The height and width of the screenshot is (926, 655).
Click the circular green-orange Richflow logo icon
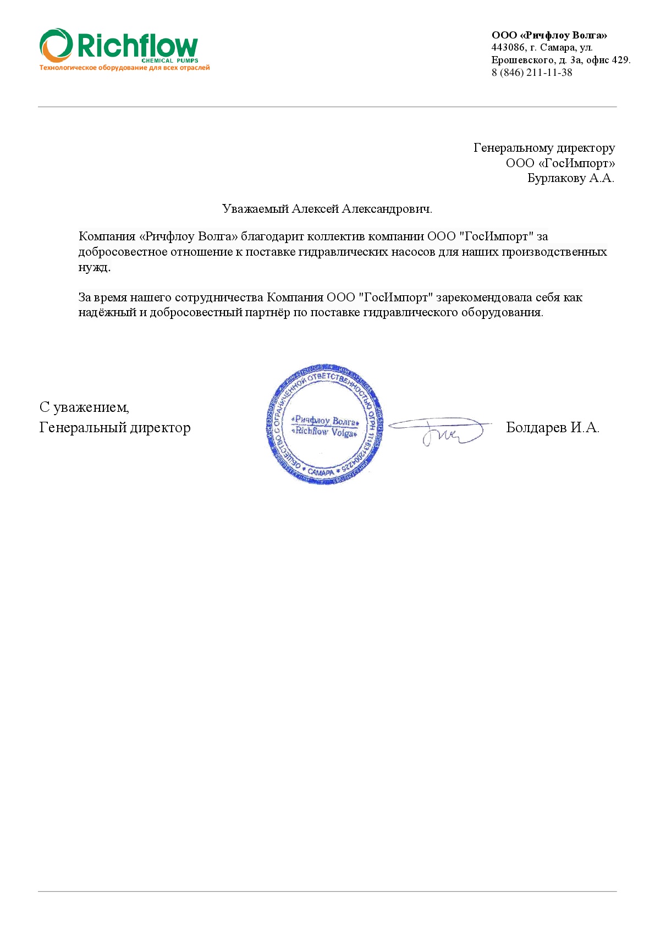point(56,45)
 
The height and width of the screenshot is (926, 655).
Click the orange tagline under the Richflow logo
point(124,68)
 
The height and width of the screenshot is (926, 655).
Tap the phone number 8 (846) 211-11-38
point(531,73)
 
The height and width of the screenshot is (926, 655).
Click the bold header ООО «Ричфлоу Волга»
point(549,36)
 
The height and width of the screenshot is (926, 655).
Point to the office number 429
point(620,60)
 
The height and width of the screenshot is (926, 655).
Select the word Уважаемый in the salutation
point(255,209)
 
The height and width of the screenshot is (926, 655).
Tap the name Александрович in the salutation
point(386,209)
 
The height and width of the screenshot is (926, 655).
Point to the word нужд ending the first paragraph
point(93,267)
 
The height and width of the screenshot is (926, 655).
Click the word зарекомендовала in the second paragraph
point(478,297)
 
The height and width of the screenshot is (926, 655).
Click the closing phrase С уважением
point(84,407)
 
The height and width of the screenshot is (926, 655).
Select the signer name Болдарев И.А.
point(552,428)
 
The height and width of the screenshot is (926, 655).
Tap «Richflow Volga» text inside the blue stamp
point(325,432)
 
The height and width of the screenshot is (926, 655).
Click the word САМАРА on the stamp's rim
point(320,472)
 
